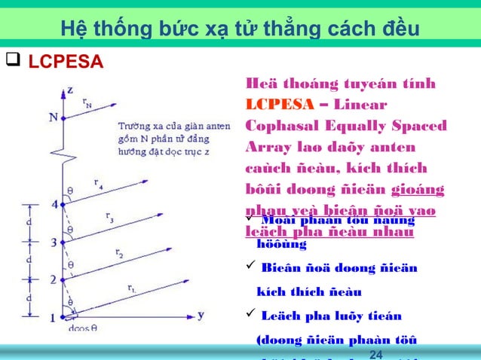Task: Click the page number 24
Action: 377,354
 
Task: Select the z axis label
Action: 69,90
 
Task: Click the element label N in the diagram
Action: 53,117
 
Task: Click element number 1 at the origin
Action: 54,318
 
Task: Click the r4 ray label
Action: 99,182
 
